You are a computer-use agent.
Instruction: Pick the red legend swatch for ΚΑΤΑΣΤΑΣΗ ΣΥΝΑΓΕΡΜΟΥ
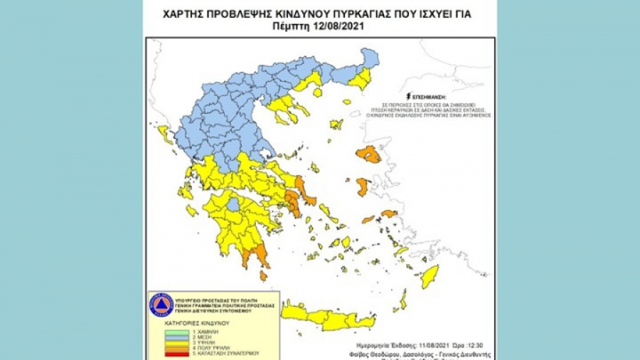click(x=169, y=353)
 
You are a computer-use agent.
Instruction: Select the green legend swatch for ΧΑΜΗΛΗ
click(x=169, y=331)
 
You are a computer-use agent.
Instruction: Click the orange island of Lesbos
click(x=369, y=154)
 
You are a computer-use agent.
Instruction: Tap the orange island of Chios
click(x=362, y=187)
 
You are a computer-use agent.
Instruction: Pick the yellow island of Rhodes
click(x=430, y=276)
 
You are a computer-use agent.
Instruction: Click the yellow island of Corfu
click(x=164, y=132)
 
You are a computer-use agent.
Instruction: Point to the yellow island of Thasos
click(x=317, y=92)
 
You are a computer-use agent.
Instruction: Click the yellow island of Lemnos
click(x=336, y=125)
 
